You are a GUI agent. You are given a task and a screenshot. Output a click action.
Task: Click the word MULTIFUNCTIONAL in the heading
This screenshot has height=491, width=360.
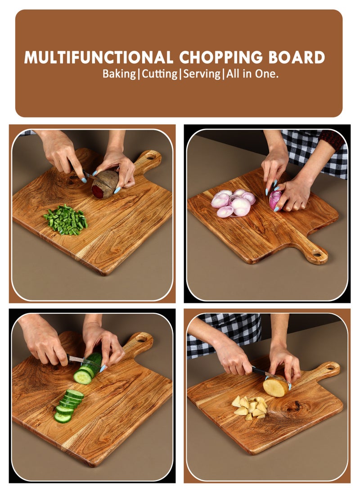tap(99, 58)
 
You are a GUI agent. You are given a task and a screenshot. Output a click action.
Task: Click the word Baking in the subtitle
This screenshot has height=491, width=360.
tap(119, 74)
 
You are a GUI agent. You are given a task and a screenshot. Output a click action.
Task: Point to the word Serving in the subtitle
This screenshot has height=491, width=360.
tap(201, 74)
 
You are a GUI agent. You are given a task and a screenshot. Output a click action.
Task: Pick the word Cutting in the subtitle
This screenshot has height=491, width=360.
tap(160, 74)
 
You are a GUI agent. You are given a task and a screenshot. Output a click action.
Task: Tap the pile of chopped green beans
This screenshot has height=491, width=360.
tap(66, 220)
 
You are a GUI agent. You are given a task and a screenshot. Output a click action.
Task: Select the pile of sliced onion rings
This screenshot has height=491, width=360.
tap(233, 203)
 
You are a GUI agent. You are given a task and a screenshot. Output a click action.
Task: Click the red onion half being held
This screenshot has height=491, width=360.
tap(275, 200)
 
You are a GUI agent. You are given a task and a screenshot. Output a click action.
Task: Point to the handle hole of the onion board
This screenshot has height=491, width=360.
tap(318, 254)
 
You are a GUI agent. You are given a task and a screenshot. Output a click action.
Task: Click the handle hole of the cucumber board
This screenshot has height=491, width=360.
tap(142, 338)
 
